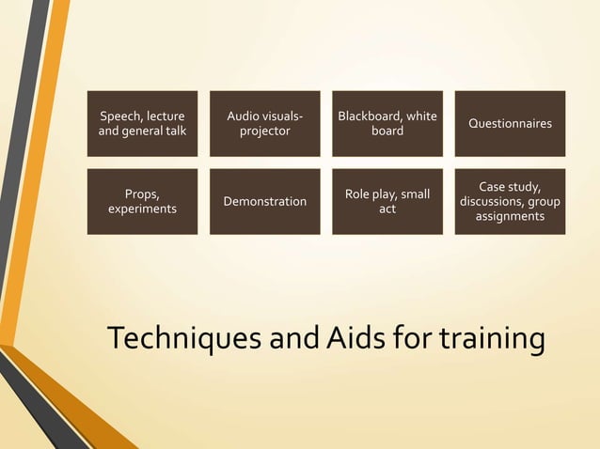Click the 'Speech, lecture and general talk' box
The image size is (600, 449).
142,123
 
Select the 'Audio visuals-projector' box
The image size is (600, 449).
264,123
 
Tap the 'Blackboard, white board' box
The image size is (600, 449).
387,123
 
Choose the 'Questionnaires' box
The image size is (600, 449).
510,123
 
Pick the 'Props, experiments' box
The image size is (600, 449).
142,201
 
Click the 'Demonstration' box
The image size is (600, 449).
264,201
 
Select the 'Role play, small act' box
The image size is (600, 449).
387,201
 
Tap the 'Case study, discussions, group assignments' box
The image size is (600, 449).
510,201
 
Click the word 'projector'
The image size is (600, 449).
264,132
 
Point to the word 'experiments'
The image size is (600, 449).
142,209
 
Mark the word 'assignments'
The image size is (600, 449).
510,216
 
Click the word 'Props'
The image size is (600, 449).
142,194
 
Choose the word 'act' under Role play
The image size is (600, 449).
387,209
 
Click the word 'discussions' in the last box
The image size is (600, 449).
495,201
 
